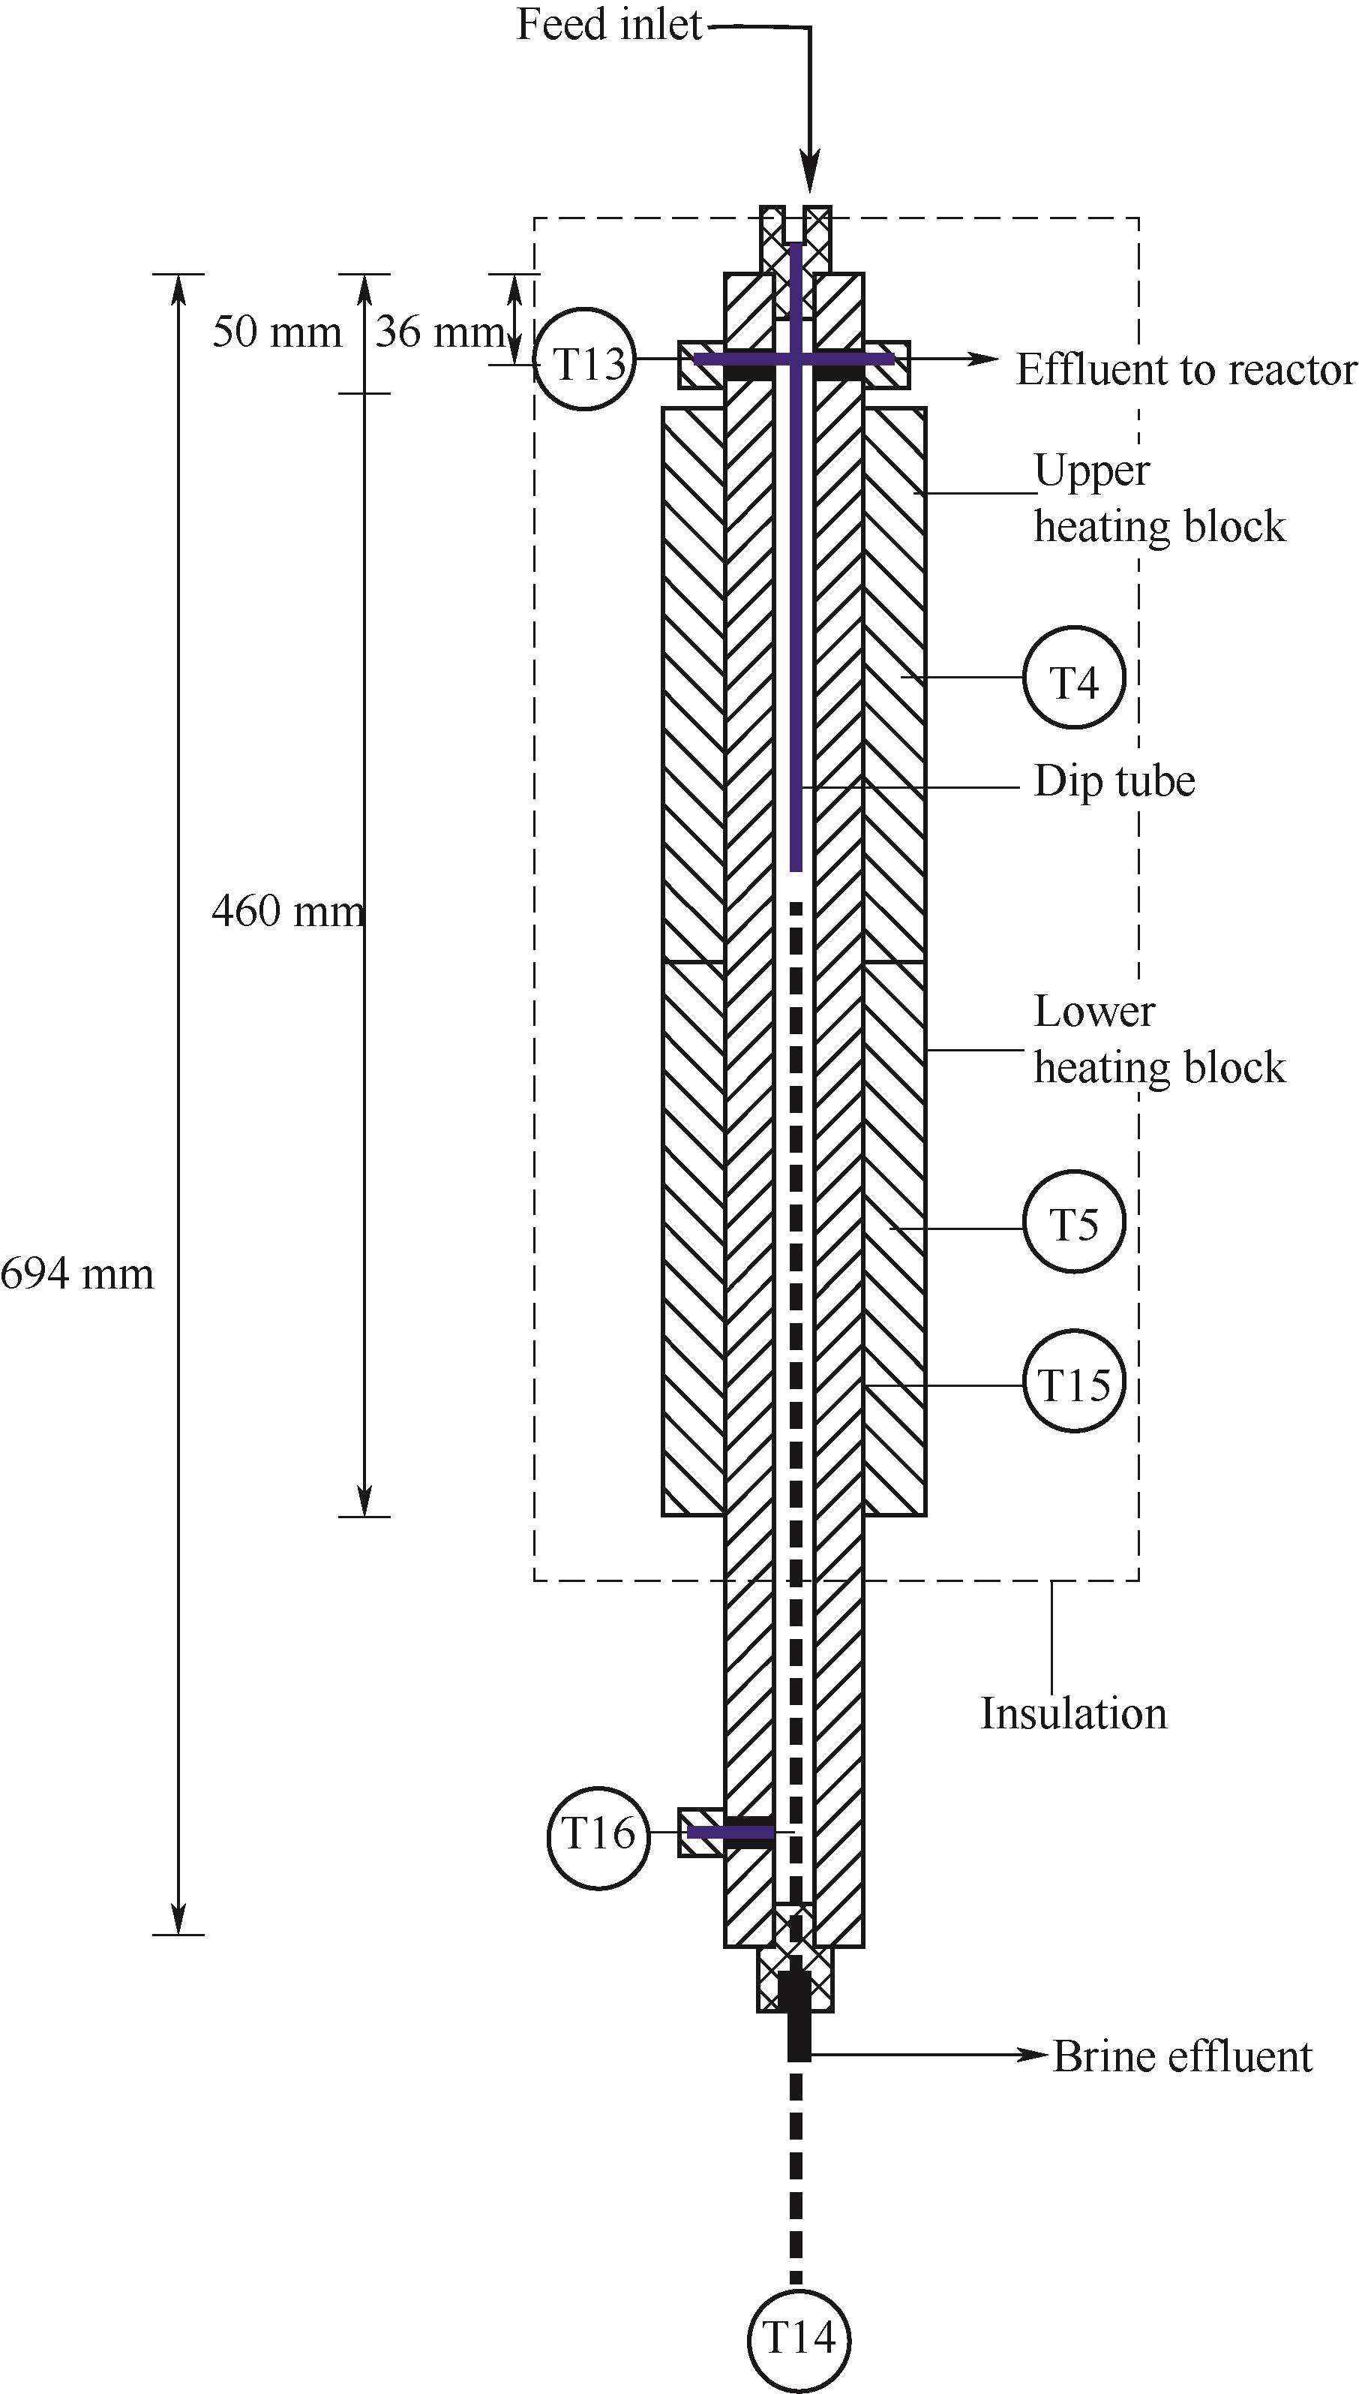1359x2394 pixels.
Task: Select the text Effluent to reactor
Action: click(x=1186, y=370)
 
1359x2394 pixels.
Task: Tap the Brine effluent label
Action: click(x=1183, y=2055)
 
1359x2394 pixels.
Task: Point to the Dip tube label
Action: click(x=1114, y=781)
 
